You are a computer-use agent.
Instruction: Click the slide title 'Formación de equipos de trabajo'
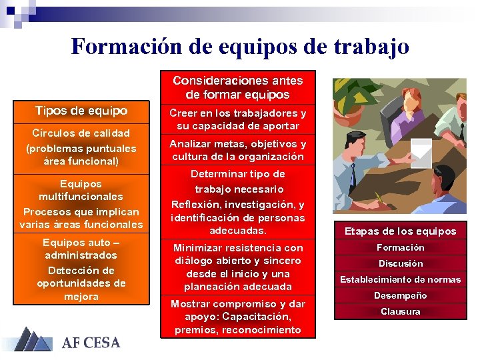point(240,47)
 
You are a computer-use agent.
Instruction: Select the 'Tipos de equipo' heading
point(81,111)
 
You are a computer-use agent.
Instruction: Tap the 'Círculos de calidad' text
point(81,133)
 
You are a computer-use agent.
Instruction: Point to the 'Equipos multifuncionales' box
point(81,203)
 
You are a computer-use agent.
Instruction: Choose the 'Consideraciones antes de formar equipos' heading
point(237,87)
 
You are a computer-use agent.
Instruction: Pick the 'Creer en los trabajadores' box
point(237,120)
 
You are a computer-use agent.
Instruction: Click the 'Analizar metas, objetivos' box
point(237,151)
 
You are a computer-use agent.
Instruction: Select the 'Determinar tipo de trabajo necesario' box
point(237,202)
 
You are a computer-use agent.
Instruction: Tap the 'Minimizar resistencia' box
point(237,267)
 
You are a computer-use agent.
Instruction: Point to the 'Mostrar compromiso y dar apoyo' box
point(237,317)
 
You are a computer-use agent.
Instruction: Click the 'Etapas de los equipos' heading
point(400,231)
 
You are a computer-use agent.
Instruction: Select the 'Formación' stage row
point(400,247)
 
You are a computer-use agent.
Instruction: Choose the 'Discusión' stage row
point(400,263)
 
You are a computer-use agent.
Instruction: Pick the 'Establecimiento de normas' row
point(400,279)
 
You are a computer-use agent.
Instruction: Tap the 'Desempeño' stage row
point(400,295)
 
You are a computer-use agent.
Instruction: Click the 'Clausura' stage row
point(400,311)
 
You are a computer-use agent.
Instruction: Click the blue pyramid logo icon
point(33,339)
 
